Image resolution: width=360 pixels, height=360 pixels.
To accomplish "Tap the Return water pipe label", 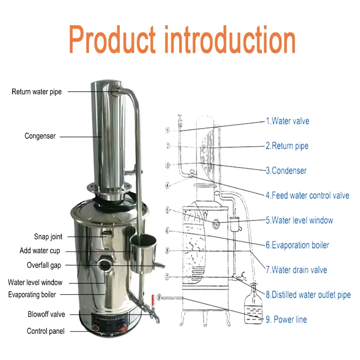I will pyautogui.click(x=36, y=92).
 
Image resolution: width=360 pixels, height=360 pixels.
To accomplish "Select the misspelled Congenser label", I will pyautogui.click(x=40, y=136).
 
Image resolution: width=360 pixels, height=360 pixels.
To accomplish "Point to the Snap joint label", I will pyautogui.click(x=48, y=237).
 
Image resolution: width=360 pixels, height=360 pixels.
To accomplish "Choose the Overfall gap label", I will pyautogui.click(x=44, y=265).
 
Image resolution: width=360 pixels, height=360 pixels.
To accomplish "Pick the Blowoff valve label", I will pyautogui.click(x=46, y=315).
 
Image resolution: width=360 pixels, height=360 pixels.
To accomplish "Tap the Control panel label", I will pyautogui.click(x=45, y=331).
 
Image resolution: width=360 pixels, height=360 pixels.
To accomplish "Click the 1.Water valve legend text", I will pyautogui.click(x=287, y=121).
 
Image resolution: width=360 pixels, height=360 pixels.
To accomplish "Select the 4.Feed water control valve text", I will pyautogui.click(x=307, y=196).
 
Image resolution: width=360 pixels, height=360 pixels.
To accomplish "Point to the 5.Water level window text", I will pyautogui.click(x=299, y=220).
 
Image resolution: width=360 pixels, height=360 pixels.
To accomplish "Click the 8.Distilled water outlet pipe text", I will pyautogui.click(x=308, y=295).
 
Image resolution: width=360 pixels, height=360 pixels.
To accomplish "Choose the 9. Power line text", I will pyautogui.click(x=286, y=319).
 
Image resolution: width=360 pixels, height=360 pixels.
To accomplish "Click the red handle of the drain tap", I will pyautogui.click(x=153, y=298).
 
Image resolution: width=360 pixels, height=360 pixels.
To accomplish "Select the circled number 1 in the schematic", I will pyautogui.click(x=167, y=131).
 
